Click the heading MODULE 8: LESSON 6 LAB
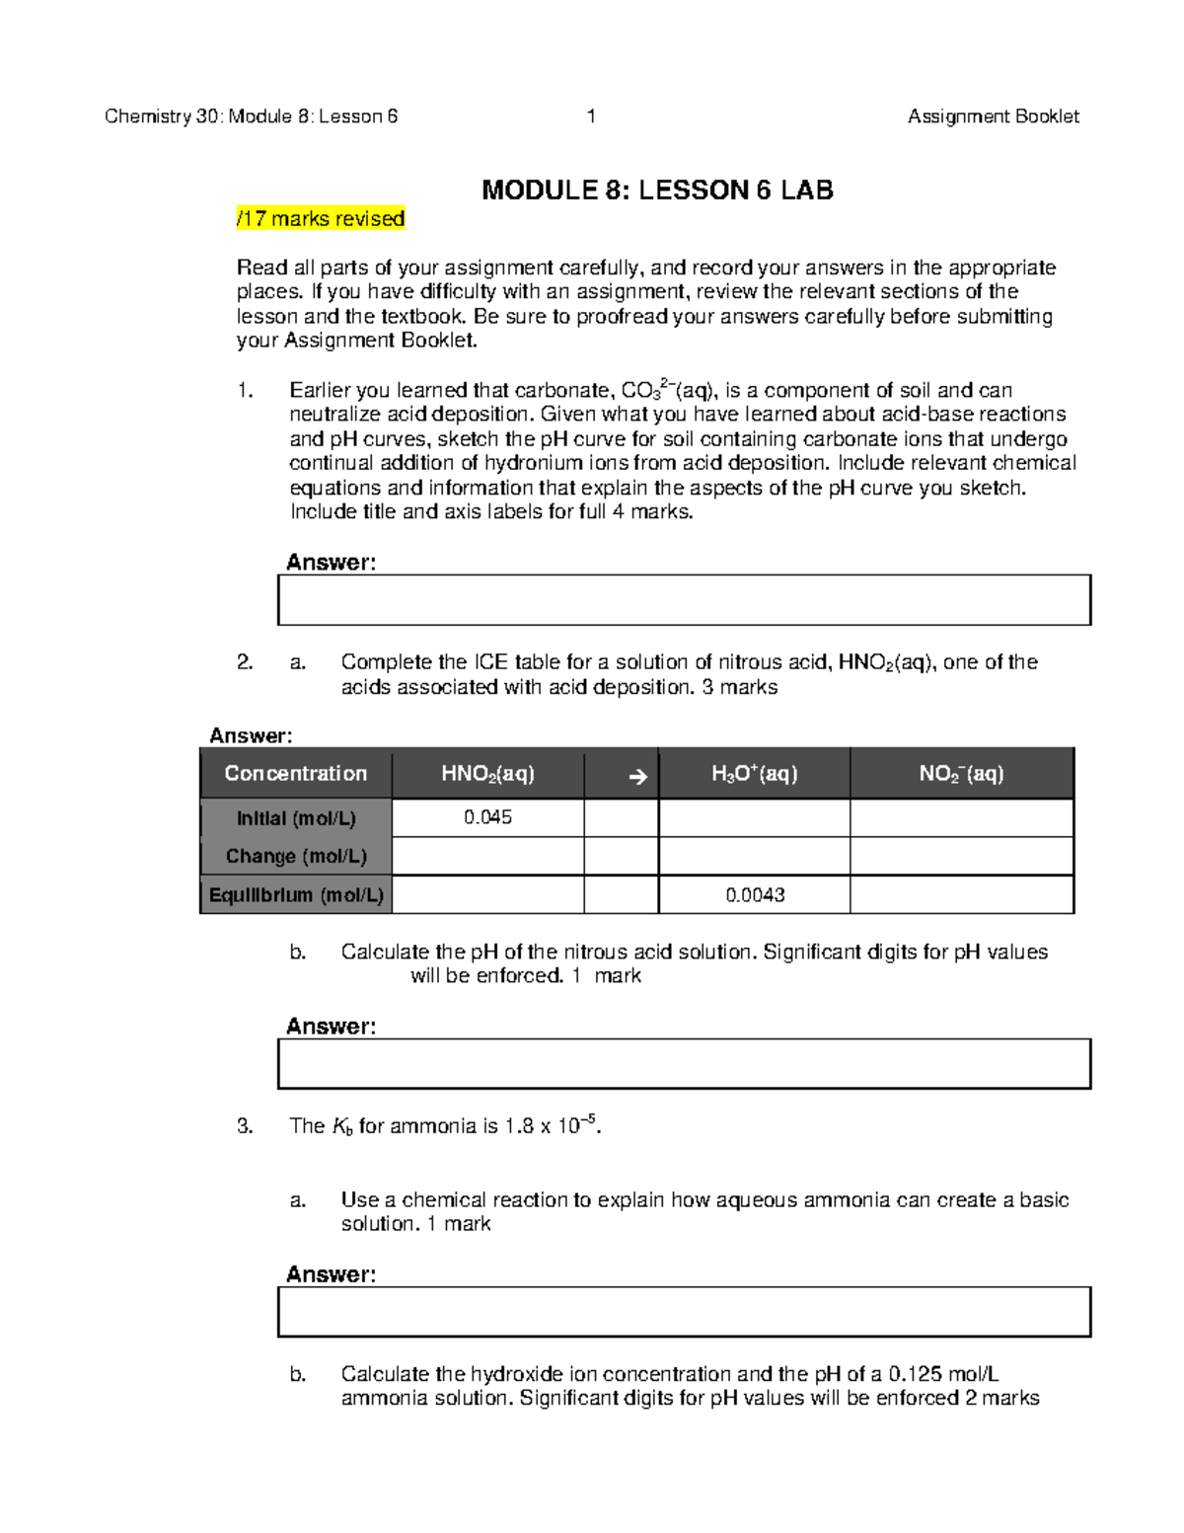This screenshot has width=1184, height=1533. (657, 191)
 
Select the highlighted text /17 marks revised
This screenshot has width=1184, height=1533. (321, 219)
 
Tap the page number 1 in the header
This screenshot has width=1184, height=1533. (591, 116)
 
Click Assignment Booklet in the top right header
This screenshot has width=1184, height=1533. (993, 116)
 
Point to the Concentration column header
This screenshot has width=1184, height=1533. (295, 774)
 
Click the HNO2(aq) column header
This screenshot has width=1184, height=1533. (487, 774)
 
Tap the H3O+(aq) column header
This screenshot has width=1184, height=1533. (754, 774)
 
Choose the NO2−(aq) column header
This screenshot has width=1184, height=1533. (961, 774)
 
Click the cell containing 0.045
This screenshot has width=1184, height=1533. (487, 817)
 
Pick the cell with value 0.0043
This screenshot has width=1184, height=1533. (755, 895)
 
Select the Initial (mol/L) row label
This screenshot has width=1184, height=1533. (295, 818)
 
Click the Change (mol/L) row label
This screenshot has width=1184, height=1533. (295, 856)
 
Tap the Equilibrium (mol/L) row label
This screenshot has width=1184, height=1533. (295, 895)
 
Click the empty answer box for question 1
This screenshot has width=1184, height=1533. (684, 600)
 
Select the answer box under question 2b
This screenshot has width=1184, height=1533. (684, 1064)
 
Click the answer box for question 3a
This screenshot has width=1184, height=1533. (684, 1312)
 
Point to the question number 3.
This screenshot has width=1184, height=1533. (245, 1126)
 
